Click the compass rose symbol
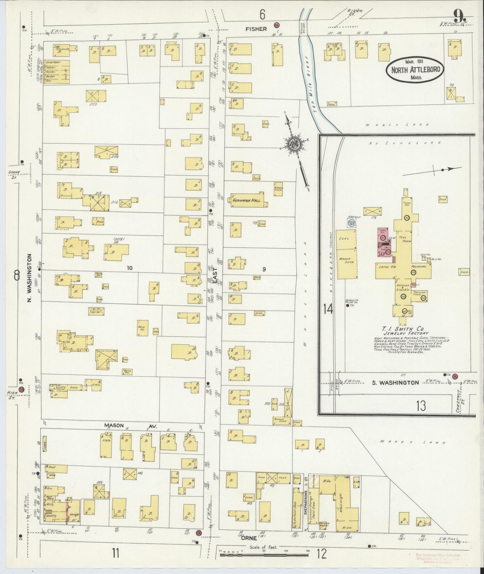[294, 144]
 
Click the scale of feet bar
[265, 555]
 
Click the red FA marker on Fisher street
[277, 25]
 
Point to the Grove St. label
[14, 174]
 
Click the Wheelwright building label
[342, 502]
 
